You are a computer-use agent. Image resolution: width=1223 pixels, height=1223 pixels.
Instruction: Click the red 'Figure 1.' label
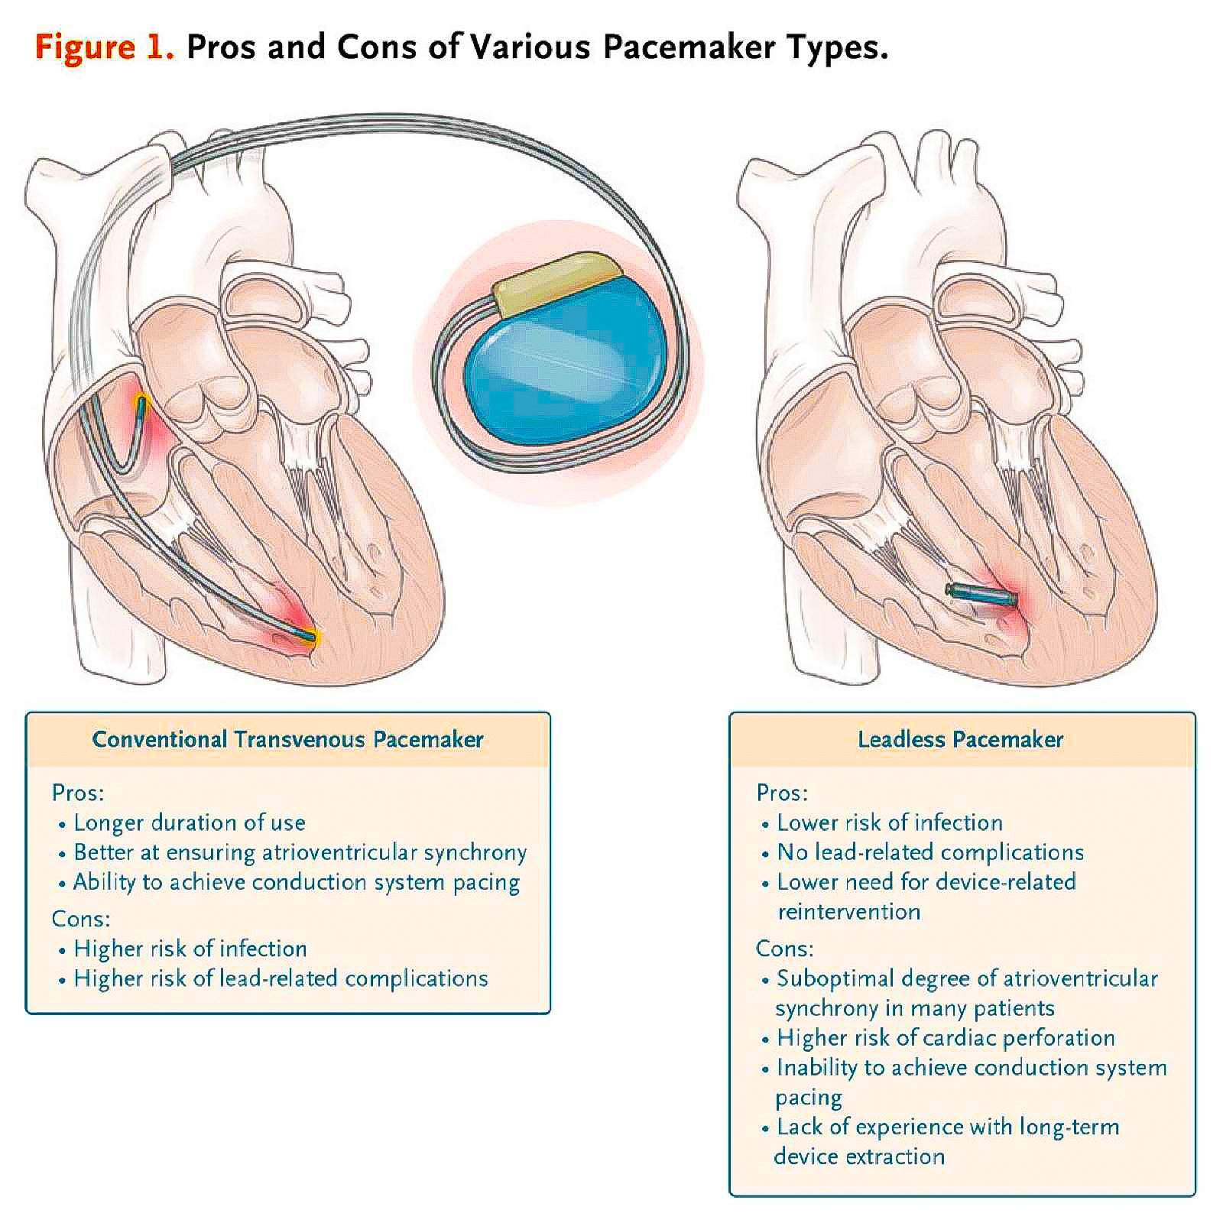coord(105,47)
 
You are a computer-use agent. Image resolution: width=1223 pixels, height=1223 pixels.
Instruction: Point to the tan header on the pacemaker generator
coord(556,283)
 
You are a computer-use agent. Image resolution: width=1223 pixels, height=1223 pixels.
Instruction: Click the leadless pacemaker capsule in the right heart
coord(982,594)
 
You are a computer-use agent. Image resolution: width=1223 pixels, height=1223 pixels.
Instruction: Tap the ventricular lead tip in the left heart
coord(310,634)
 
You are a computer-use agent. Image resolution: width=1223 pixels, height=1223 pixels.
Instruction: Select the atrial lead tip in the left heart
coord(141,401)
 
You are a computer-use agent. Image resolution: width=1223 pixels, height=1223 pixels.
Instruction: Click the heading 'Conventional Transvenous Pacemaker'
coord(287,739)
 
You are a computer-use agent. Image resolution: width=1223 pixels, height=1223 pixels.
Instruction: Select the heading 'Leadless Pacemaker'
coord(960,739)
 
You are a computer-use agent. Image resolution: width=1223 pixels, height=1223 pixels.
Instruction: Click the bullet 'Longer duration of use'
coord(190,822)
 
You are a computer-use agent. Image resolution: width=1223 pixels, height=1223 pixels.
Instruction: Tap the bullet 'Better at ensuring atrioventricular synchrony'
coord(300,852)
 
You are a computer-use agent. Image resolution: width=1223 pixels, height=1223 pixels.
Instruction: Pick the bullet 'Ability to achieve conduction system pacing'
coord(297,882)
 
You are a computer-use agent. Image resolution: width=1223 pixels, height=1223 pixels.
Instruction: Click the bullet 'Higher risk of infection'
coord(190,949)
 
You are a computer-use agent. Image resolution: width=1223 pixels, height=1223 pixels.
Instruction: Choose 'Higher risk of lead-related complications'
coord(281,978)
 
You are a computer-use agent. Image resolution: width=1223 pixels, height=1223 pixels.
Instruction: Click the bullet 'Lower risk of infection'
coord(890,822)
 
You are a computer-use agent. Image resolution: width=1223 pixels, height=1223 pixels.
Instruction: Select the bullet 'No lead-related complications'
coord(930,852)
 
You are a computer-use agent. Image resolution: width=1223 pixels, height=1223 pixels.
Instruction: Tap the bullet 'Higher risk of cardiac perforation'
coord(946,1038)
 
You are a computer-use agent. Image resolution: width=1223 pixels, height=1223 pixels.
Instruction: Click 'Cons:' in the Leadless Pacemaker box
coord(784,949)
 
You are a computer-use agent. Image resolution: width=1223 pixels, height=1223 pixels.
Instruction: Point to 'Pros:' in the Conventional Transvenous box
coord(78,793)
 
